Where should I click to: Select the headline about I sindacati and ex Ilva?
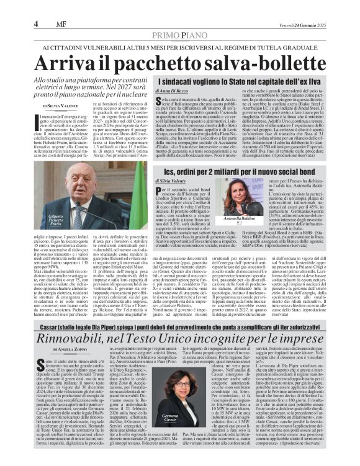(x=246, y=82)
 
